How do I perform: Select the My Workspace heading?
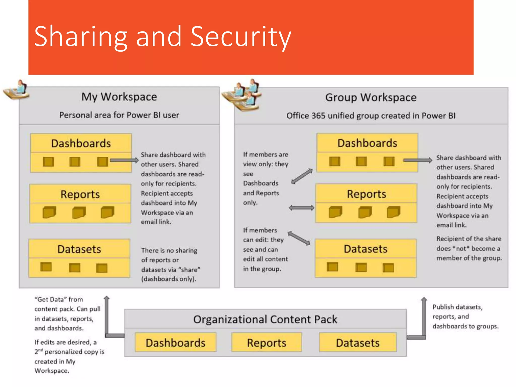[119, 97]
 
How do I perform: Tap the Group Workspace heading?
[371, 98]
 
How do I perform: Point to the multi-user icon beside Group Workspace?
[242, 95]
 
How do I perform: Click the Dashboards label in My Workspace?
[81, 143]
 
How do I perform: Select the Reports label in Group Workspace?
[366, 194]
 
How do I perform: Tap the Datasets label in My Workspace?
[79, 249]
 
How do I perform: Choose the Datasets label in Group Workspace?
[366, 249]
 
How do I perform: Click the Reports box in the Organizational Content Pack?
[267, 343]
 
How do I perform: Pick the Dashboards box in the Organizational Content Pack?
[175, 343]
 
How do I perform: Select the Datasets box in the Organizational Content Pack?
[358, 343]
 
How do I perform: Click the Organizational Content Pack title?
[265, 319]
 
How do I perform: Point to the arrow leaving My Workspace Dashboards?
[124, 160]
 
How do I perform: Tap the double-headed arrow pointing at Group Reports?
[302, 208]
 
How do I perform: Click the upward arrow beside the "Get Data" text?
[107, 315]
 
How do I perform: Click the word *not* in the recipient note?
[461, 249]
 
